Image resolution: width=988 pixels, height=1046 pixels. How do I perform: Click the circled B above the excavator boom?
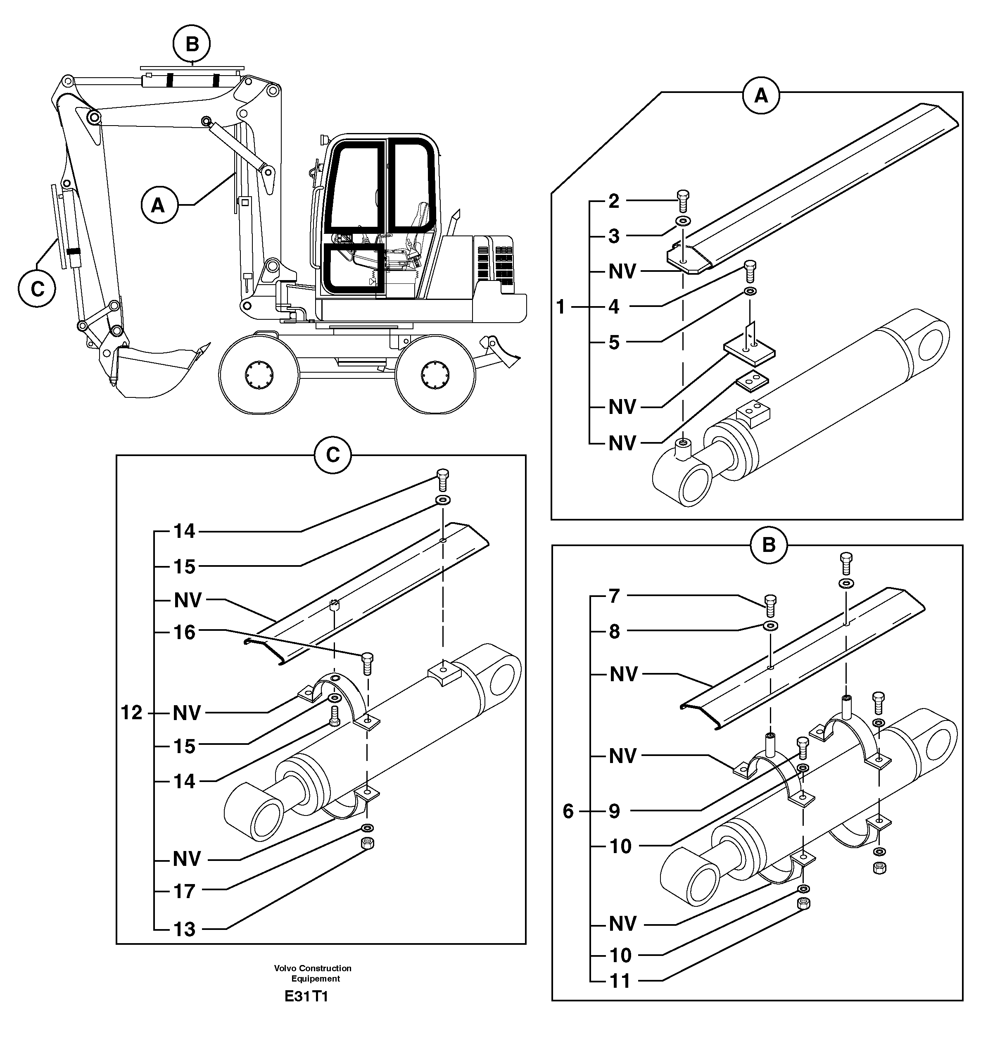pos(192,44)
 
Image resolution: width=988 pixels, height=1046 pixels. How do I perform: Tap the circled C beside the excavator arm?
pos(37,289)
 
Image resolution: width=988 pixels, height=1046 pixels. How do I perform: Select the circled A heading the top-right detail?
pos(760,96)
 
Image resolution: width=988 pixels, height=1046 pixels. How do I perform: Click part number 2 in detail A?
pos(613,201)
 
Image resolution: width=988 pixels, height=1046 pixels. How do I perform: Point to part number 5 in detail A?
pos(613,342)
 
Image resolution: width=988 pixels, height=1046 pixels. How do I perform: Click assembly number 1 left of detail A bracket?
pos(560,307)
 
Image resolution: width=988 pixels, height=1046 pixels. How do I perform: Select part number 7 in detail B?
pos(614,596)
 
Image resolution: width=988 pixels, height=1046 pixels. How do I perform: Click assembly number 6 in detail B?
pos(568,811)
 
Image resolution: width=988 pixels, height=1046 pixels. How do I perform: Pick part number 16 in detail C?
pos(184,632)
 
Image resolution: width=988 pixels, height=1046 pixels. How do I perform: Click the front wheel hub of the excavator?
pos(259,374)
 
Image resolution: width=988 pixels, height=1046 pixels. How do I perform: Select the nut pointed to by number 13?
pos(367,843)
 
